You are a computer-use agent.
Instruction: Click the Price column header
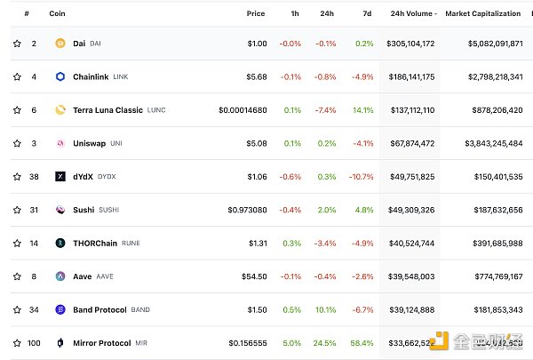point(256,13)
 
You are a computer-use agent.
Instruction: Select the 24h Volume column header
point(411,13)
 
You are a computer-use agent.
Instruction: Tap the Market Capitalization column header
point(483,13)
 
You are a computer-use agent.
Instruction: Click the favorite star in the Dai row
point(16,43)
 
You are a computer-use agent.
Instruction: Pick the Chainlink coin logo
point(60,76)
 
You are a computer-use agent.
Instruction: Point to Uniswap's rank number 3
point(34,143)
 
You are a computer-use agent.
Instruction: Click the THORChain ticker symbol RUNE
point(131,243)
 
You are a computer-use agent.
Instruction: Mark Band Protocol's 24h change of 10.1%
point(328,309)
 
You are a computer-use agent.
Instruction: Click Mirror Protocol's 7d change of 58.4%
point(361,343)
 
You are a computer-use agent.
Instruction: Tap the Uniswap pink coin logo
point(60,143)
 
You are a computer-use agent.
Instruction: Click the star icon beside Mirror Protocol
point(16,343)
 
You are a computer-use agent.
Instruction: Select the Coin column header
point(57,13)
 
